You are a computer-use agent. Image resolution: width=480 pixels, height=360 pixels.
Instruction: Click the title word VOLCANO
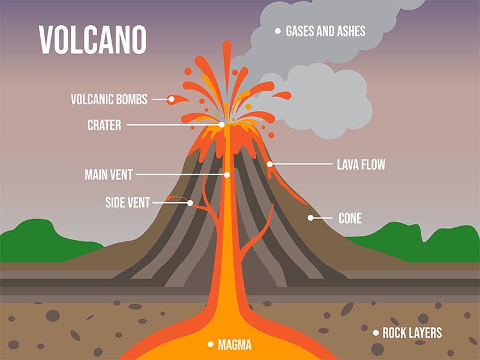[92, 40]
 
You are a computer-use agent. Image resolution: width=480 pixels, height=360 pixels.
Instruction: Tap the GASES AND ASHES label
[325, 31]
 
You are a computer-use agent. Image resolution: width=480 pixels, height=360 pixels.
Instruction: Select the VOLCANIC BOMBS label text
[109, 100]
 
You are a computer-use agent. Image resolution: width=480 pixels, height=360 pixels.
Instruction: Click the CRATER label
[104, 125]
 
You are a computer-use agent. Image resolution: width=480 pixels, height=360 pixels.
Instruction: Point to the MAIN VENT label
[109, 175]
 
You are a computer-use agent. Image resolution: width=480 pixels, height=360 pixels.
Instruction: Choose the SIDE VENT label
[127, 203]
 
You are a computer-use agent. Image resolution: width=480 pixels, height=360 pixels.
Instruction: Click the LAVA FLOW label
[361, 164]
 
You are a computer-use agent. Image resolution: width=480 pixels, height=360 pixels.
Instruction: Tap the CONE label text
[350, 218]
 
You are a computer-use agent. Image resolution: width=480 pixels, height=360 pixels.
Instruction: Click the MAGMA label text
[234, 345]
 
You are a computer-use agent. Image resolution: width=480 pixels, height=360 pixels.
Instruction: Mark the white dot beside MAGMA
[210, 344]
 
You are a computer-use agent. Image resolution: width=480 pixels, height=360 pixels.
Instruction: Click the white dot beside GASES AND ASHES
[277, 31]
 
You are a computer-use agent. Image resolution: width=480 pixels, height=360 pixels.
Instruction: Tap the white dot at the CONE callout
[311, 218]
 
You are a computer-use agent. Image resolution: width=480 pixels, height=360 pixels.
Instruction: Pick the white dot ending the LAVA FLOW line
[270, 164]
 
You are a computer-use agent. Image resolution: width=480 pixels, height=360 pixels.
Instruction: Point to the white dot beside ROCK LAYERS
[375, 332]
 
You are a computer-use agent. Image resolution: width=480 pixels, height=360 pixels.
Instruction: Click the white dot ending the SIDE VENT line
[190, 203]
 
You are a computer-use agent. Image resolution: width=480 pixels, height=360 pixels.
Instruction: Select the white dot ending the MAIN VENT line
[227, 175]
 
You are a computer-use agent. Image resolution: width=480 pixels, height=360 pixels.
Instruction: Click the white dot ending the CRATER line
[222, 125]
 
